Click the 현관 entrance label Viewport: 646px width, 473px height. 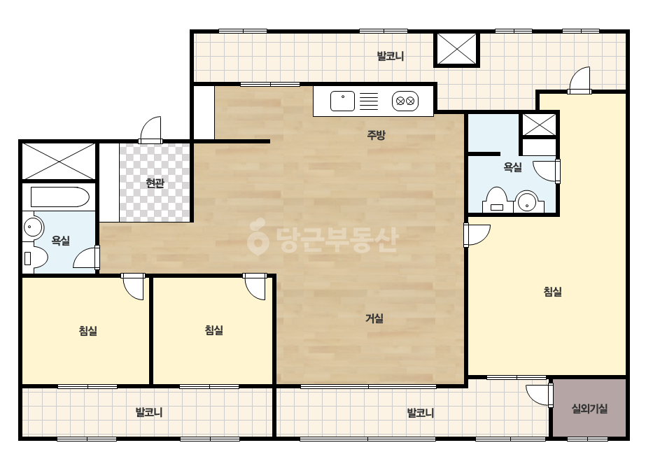(155, 183)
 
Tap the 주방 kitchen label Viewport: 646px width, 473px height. (376, 135)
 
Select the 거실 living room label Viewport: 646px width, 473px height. (374, 318)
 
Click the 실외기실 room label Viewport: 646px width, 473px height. (589, 409)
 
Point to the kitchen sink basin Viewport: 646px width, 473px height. (342, 101)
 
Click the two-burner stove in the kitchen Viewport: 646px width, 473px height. (405, 101)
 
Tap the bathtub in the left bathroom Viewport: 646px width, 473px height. (59, 197)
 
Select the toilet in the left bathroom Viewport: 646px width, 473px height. (36, 258)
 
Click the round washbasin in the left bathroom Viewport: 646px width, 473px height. (33, 227)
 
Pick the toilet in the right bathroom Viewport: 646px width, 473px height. (497, 200)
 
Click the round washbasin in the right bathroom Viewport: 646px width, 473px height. (527, 202)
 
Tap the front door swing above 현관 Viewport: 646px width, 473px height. (150, 129)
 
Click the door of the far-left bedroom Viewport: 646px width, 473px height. (133, 286)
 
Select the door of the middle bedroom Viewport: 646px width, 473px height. (255, 286)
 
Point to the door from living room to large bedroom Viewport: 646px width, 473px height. (477, 235)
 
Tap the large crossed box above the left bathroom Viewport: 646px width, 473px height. (59, 161)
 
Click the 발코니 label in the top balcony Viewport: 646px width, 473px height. (390, 56)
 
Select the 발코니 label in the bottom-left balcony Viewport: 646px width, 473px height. (149, 412)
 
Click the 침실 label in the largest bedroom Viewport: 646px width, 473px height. (553, 292)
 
